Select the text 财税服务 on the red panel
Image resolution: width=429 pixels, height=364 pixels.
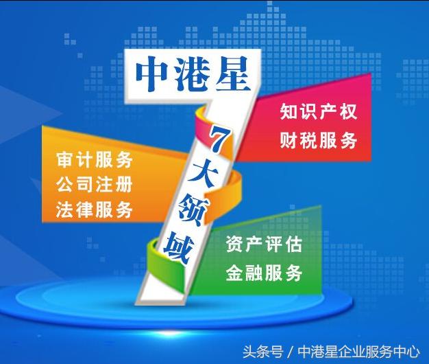coord(319,141)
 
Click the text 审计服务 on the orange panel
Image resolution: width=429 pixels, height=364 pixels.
coord(94,159)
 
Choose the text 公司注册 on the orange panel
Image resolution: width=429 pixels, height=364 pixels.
coord(94,185)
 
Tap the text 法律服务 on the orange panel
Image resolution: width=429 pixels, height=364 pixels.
coord(94,209)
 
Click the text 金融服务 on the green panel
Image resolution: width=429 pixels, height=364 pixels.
coord(264,273)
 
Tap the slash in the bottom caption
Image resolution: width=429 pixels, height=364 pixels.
coord(291,351)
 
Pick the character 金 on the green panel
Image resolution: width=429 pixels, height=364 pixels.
coord(234,273)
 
